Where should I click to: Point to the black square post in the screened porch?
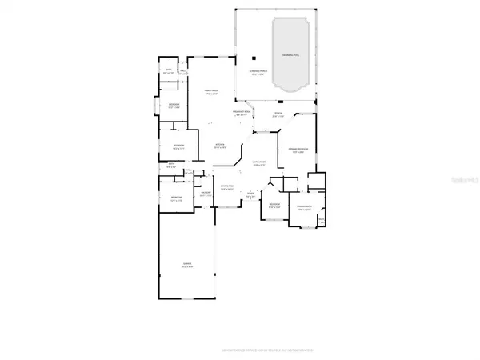[253, 58]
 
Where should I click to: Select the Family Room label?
[210, 94]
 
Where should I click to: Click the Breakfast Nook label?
[243, 112]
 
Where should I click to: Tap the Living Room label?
[260, 165]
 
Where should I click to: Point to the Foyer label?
[250, 194]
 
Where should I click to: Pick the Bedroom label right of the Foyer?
[274, 206]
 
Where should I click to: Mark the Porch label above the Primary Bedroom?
[278, 114]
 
